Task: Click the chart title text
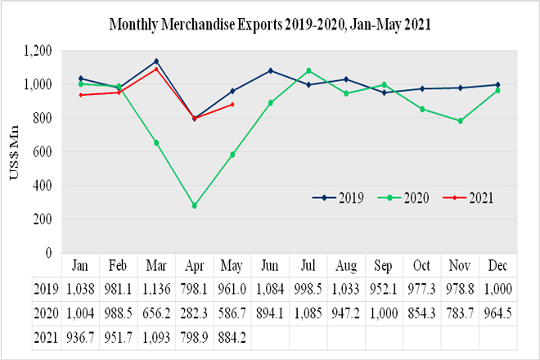coord(270,25)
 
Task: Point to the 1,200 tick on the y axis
coord(37,51)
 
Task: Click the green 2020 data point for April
coord(194,205)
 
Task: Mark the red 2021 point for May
coord(232,104)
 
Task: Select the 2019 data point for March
coord(156,61)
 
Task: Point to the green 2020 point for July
coord(308,70)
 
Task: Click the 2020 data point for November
coord(460,121)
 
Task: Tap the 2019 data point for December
coord(497,84)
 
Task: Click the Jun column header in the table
coord(271,266)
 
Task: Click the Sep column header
coord(385,266)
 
